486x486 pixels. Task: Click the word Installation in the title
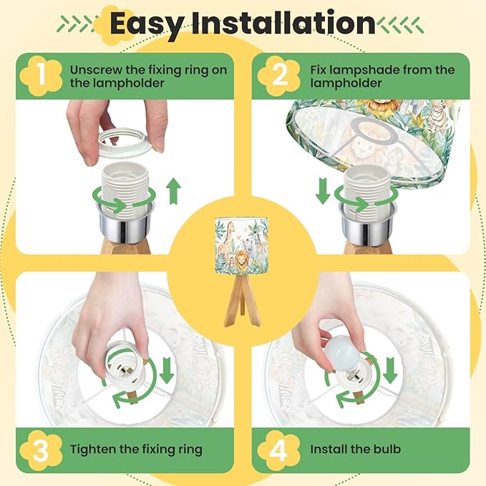pyautogui.click(x=283, y=23)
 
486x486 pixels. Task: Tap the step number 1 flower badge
pyautogui.click(x=41, y=76)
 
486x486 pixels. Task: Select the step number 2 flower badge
pyautogui.click(x=279, y=76)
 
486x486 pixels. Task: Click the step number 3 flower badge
pyautogui.click(x=41, y=450)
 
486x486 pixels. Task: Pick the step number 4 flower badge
pyautogui.click(x=279, y=450)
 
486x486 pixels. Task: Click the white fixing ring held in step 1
pyautogui.click(x=125, y=142)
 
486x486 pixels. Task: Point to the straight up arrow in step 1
pyautogui.click(x=173, y=191)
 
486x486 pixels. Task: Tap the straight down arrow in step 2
pyautogui.click(x=323, y=191)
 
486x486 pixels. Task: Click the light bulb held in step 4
pyautogui.click(x=341, y=353)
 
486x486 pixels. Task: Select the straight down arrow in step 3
pyautogui.click(x=167, y=370)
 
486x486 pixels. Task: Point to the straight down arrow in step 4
pyautogui.click(x=390, y=370)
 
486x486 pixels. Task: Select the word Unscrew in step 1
pyautogui.click(x=96, y=70)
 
